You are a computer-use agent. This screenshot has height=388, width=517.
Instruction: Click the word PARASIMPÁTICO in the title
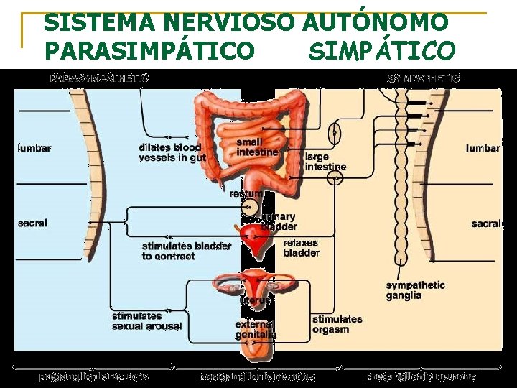149,50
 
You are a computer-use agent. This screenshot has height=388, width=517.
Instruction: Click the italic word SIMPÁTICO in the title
381,50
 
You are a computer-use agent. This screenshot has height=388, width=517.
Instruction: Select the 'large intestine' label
325,162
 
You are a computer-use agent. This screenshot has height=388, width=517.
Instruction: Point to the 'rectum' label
246,193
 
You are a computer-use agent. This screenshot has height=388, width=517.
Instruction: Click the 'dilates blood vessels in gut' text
172,152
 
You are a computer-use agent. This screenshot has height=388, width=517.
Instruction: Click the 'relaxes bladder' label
301,248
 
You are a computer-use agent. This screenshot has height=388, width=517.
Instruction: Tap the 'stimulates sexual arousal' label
146,320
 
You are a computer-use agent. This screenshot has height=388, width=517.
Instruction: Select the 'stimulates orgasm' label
337,324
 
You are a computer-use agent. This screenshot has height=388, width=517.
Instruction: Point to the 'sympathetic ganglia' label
415,290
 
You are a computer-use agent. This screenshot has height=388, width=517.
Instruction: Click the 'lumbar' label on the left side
34,149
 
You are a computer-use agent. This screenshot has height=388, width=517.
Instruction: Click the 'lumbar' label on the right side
483,148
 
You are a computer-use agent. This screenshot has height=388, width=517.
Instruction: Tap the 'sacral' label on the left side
32,223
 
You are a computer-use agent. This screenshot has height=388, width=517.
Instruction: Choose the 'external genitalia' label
256,329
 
